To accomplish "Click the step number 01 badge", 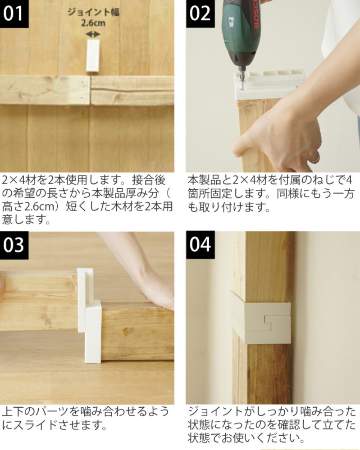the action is click(14, 14).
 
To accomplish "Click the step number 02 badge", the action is click(200, 14).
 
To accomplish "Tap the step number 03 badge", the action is click(14, 245).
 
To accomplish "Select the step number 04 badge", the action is click(200, 245).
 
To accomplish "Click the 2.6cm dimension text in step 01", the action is click(93, 23).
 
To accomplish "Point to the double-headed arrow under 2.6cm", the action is click(93, 34).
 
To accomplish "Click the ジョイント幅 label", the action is click(93, 12).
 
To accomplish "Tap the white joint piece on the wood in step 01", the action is click(93, 55).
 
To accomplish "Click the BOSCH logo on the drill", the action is click(256, 14).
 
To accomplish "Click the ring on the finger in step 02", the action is click(316, 157).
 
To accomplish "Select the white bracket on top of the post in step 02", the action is click(270, 84).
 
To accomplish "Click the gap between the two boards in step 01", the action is click(91, 90).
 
